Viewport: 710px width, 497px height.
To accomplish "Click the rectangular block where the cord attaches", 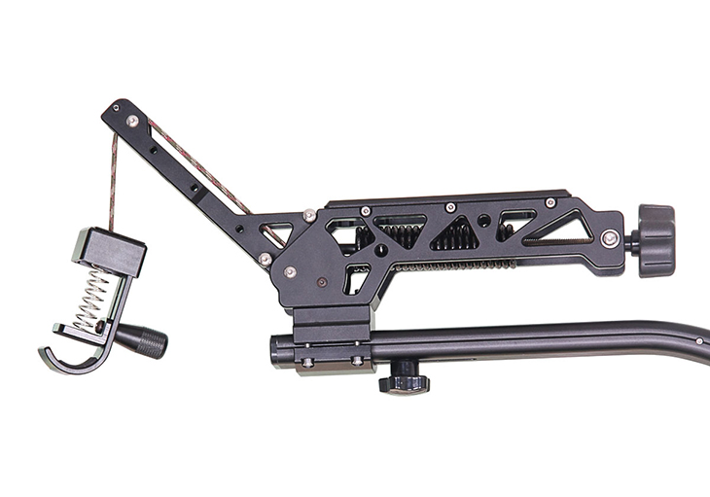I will click(x=109, y=250).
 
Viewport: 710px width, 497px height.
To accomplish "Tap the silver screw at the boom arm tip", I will click(x=132, y=120).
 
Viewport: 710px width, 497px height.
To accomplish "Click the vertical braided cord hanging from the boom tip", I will click(x=113, y=180).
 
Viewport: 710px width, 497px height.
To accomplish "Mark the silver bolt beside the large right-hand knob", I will click(x=610, y=236).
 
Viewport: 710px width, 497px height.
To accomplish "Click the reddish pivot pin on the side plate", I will click(x=320, y=284).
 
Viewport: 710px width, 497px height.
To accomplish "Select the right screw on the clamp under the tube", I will click(x=358, y=361).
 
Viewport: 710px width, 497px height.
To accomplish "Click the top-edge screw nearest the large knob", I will click(x=550, y=202).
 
